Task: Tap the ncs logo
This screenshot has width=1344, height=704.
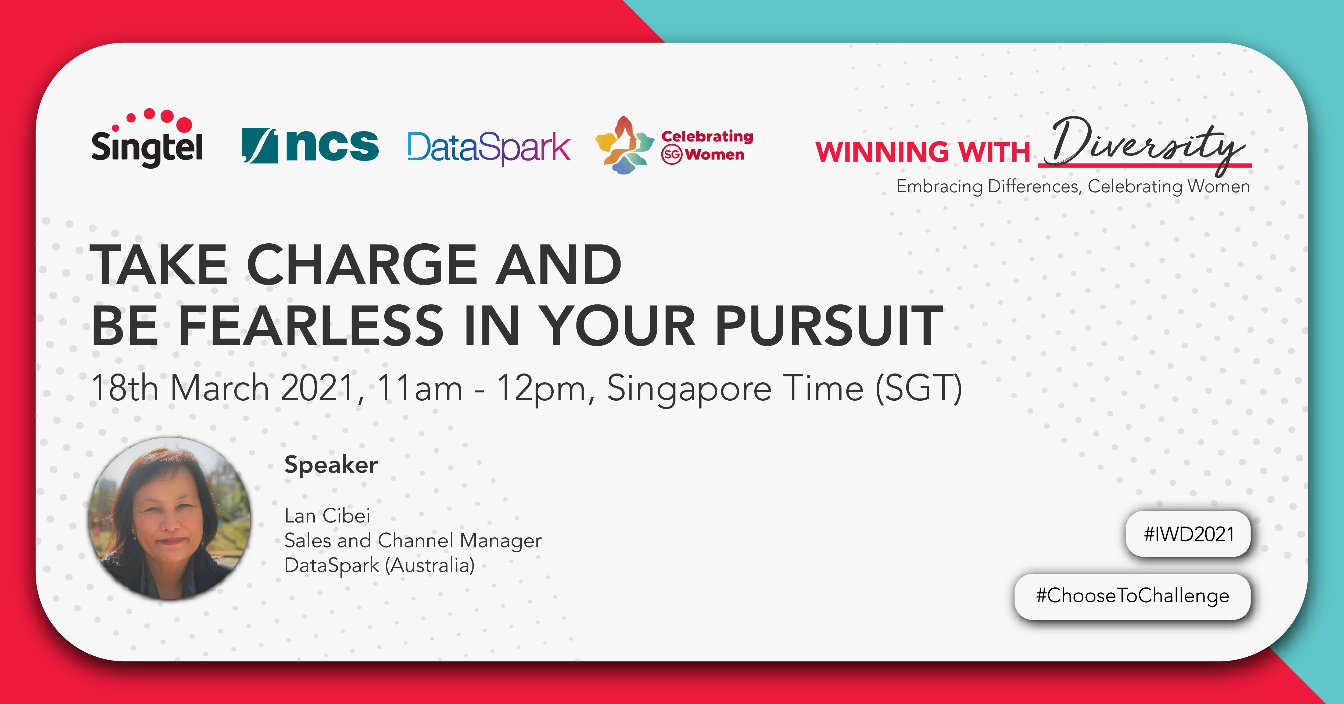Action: tap(310, 145)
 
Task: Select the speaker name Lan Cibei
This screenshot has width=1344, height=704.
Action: tap(327, 515)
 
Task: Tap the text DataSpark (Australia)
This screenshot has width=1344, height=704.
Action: tap(379, 565)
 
